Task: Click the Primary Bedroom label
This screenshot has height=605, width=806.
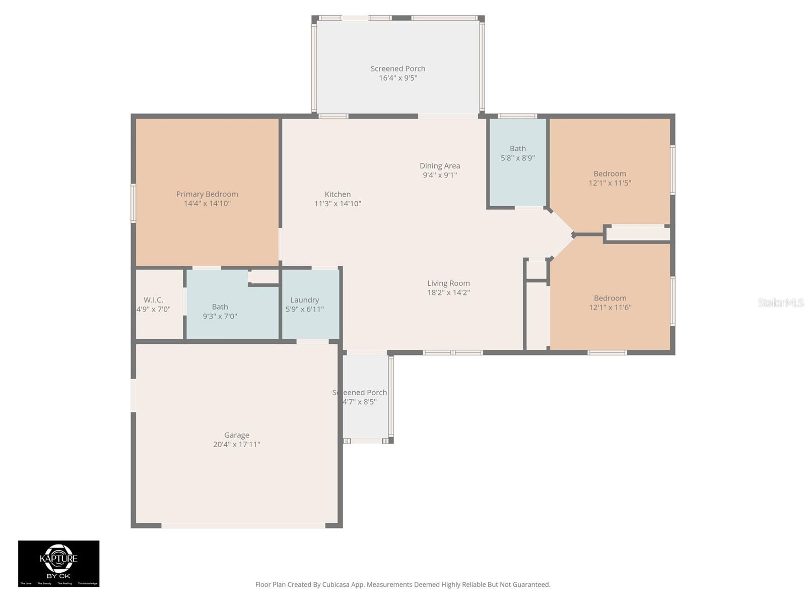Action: [x=207, y=194]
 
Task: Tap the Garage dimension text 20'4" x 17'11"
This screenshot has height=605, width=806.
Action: [x=236, y=445]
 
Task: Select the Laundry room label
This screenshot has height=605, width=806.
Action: [x=304, y=300]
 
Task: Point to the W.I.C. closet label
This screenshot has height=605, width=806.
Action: [x=153, y=300]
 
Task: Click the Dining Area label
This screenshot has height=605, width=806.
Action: [x=440, y=166]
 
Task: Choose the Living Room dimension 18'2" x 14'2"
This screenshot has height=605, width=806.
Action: [x=448, y=292]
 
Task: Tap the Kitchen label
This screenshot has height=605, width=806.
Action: [x=338, y=194]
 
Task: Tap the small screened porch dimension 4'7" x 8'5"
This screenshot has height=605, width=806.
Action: [x=360, y=402]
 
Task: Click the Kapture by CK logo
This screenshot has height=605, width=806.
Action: [x=59, y=563]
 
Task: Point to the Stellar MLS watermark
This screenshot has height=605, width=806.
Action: [x=780, y=302]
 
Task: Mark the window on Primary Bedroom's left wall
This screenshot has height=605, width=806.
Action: [x=133, y=203]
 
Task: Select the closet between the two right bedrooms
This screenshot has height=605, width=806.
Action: [x=637, y=234]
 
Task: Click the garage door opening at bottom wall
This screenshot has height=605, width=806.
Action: [x=243, y=525]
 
